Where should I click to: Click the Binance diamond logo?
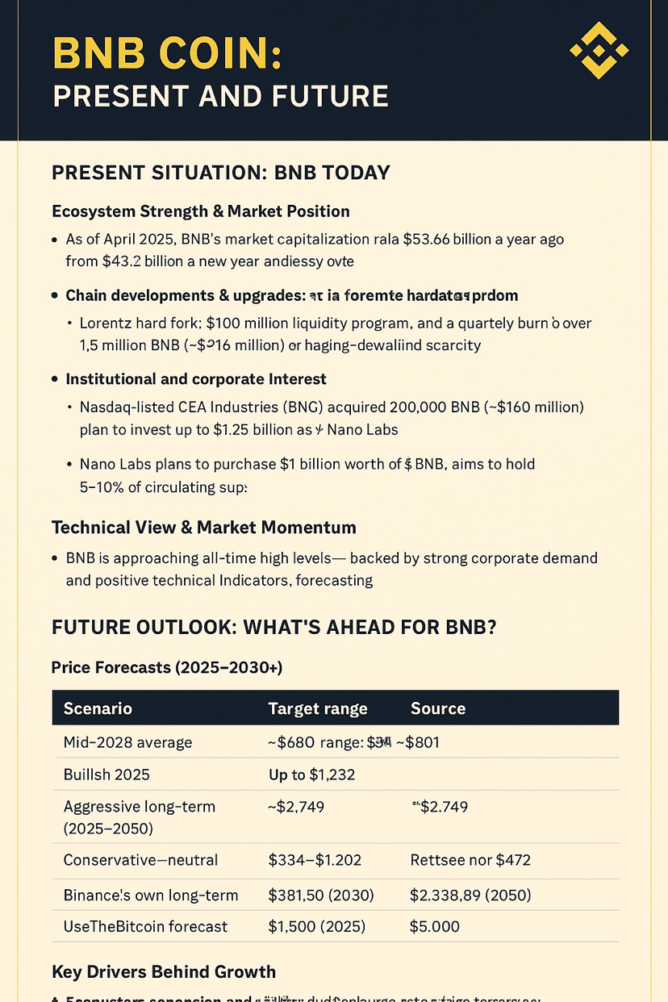599,51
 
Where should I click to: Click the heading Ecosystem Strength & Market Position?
200,211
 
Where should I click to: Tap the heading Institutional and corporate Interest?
196,378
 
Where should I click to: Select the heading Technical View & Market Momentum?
203,528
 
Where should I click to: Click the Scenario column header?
98,708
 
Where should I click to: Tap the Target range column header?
317,708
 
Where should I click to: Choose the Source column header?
438,708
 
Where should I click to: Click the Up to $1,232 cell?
311,774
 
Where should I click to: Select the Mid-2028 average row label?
127,742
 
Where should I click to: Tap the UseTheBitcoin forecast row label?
145,926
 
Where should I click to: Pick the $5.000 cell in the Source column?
434,926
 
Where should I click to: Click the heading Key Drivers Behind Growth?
164,971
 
